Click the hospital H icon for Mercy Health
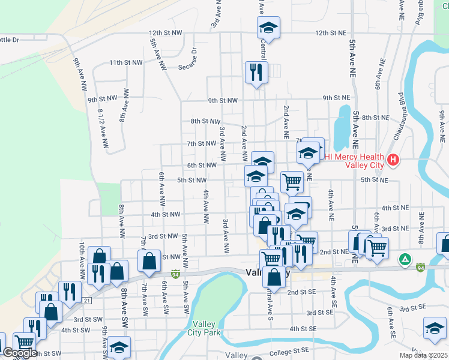click(393, 160)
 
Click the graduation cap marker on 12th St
click(269, 28)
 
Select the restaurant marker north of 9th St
click(256, 73)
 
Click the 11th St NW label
click(125, 62)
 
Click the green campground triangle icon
click(406, 259)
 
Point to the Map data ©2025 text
click(424, 355)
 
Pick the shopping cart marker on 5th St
click(292, 181)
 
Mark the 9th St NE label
click(336, 98)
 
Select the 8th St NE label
click(376, 118)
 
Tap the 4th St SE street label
click(303, 329)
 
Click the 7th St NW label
click(201, 144)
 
